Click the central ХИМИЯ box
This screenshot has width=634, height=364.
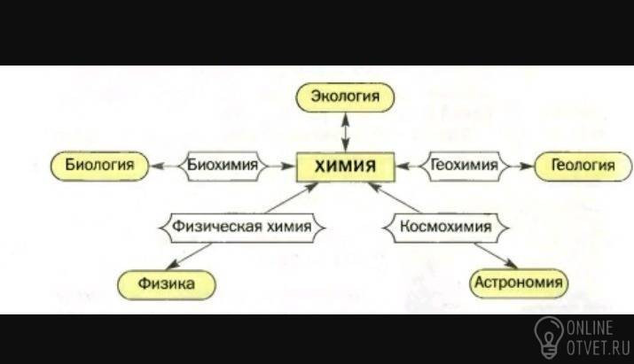[346, 166]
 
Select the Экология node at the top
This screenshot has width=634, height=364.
[345, 96]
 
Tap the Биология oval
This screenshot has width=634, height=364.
[99, 165]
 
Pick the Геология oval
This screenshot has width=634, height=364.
[583, 165]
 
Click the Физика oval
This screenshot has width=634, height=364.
[167, 283]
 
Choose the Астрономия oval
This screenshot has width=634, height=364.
[518, 283]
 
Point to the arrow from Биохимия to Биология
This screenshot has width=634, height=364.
[163, 165]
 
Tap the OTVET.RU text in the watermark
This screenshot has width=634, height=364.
[599, 347]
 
